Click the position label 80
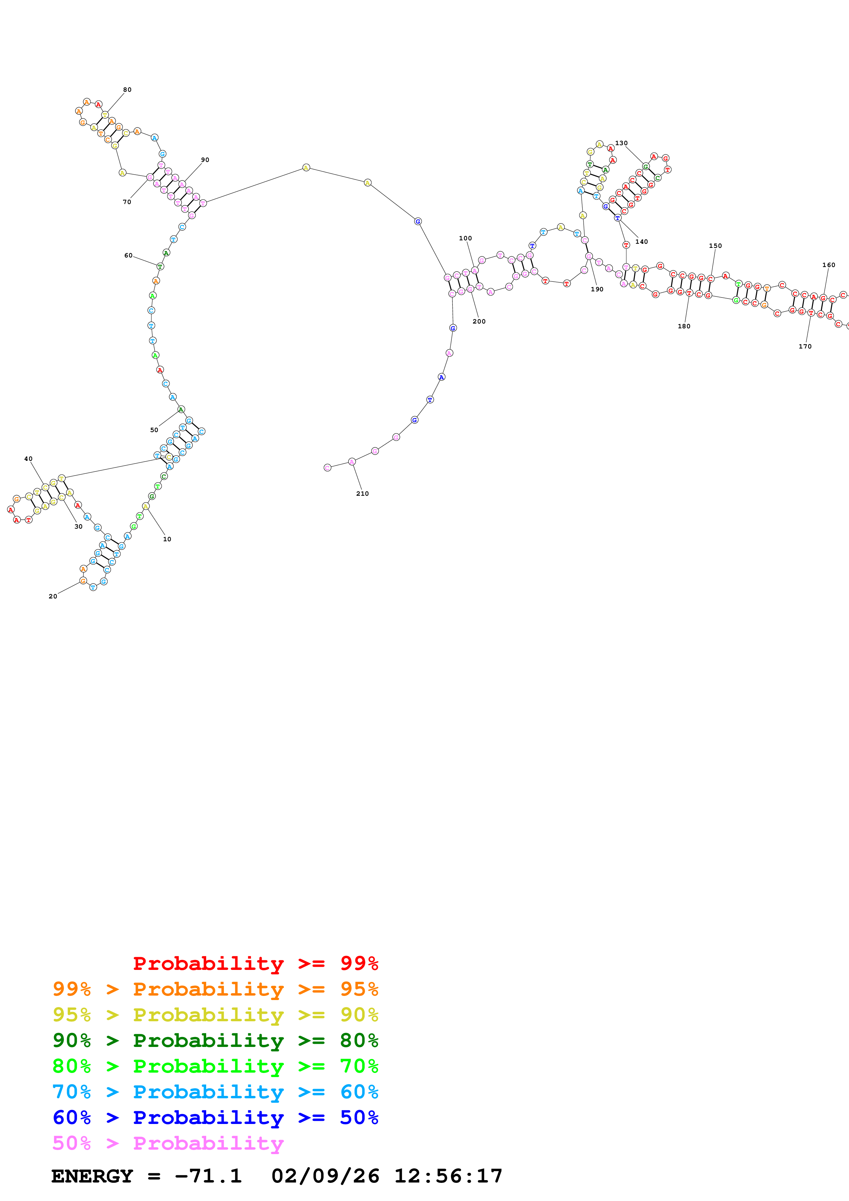(x=127, y=89)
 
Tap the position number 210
(x=362, y=493)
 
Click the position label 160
(x=828, y=265)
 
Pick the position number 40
(x=28, y=459)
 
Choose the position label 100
(x=465, y=238)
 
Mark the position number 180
(x=684, y=326)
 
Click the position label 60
(x=128, y=255)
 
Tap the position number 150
(x=715, y=245)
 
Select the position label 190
(x=597, y=289)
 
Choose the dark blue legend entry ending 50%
(x=215, y=1117)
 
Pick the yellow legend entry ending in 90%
(x=215, y=1014)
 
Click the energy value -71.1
(x=208, y=1176)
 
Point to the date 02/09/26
(x=325, y=1176)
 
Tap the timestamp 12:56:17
(x=448, y=1176)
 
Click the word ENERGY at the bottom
(x=92, y=1176)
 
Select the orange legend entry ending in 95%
(x=215, y=989)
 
